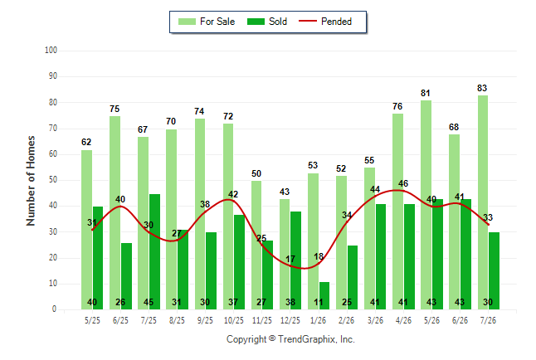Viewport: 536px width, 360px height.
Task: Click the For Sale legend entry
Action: coord(207,22)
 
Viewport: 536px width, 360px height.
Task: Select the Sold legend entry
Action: coord(267,22)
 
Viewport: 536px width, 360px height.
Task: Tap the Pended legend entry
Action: coord(325,22)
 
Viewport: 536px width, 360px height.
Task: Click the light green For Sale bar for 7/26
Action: coord(483,202)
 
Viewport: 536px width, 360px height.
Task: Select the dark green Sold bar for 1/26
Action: coord(324,296)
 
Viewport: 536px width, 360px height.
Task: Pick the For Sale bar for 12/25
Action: coord(285,255)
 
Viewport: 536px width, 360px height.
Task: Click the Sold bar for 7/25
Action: coord(154,252)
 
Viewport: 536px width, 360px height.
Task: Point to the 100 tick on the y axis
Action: coord(51,51)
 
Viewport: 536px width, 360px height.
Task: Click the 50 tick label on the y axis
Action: coord(52,180)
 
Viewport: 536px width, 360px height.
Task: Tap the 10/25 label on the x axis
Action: coord(234,320)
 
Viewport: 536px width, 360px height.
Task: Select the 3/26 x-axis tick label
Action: coord(375,320)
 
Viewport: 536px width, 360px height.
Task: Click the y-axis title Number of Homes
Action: coord(31,181)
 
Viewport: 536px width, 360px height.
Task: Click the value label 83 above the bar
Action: coord(482,88)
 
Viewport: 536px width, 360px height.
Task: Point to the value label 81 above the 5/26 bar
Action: coord(426,93)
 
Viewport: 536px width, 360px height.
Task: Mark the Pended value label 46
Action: coord(403,183)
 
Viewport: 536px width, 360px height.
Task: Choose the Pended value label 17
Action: coord(290,259)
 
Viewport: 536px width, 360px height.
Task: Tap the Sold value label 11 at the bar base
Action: coord(319,302)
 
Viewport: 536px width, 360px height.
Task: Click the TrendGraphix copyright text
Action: coord(290,339)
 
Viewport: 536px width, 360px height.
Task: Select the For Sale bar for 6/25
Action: coord(115,213)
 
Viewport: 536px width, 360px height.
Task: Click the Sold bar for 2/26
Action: coord(353,278)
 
